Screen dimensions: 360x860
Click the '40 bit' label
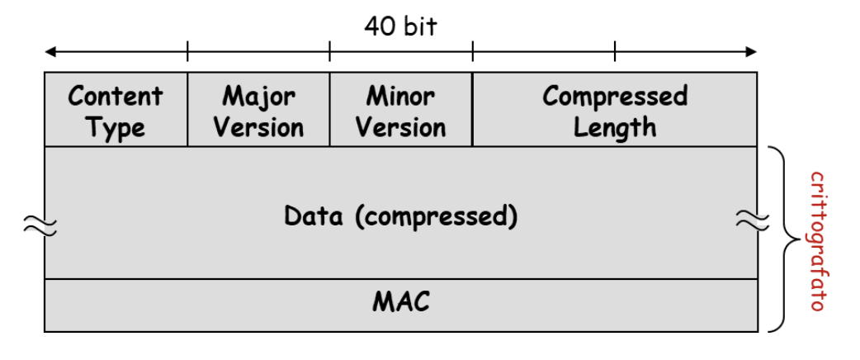[x=400, y=26]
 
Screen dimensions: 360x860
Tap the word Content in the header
[x=116, y=96]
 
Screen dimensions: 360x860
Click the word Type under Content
[x=116, y=128]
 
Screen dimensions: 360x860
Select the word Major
[x=258, y=96]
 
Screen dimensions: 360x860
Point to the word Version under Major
[x=258, y=128]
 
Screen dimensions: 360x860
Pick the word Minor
[x=401, y=96]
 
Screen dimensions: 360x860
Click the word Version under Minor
[x=401, y=128]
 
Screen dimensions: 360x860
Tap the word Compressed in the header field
[x=615, y=96]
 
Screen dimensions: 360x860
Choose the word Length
[x=615, y=128]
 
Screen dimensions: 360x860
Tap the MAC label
[x=401, y=302]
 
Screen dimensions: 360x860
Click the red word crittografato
[x=816, y=240]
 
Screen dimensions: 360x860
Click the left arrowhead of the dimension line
[x=50, y=52]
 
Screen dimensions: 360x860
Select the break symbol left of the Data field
[x=37, y=222]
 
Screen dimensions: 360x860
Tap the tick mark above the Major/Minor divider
[x=330, y=52]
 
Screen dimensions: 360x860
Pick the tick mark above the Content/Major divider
[x=187, y=52]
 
